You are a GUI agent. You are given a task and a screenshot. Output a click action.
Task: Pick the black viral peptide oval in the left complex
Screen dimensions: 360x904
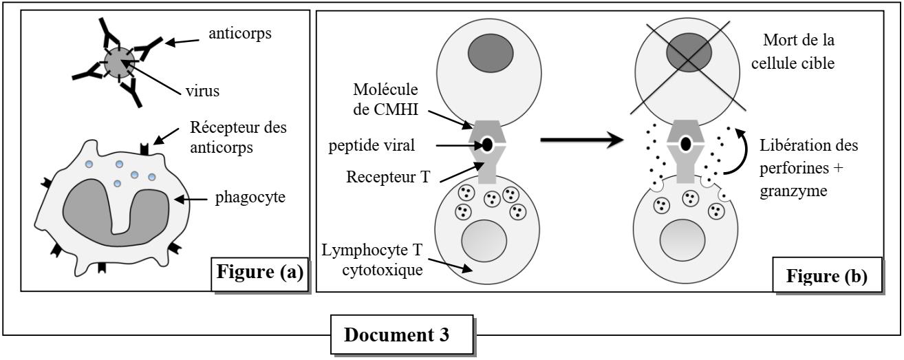coord(486,145)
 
